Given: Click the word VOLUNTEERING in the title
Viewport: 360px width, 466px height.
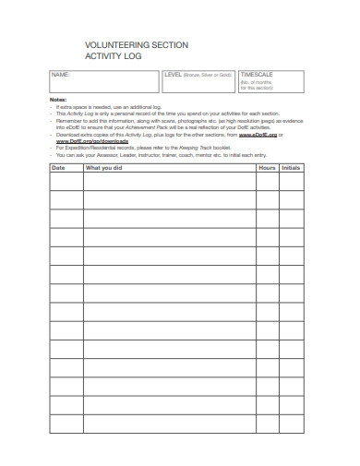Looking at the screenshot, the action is point(113,44).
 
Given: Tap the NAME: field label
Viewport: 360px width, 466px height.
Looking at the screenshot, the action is point(60,74).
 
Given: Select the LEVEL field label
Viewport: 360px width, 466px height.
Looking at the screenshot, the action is point(174,74).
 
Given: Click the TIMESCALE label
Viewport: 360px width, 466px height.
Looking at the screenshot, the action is point(256,74).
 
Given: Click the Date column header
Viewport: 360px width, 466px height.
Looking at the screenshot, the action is point(58,168).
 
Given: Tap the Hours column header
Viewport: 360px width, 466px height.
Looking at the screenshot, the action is point(267,168).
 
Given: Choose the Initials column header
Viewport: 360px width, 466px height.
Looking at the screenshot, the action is point(291,168).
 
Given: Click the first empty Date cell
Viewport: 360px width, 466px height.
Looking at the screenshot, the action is point(66,182).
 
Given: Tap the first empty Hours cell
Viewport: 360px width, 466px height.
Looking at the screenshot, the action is point(267,182).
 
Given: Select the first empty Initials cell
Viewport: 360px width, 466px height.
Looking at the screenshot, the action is point(292,182).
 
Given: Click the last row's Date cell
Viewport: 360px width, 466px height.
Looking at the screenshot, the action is point(66,424).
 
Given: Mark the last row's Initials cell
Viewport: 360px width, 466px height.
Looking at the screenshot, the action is point(292,424).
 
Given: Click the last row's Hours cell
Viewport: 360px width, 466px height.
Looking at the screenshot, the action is point(267,424).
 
